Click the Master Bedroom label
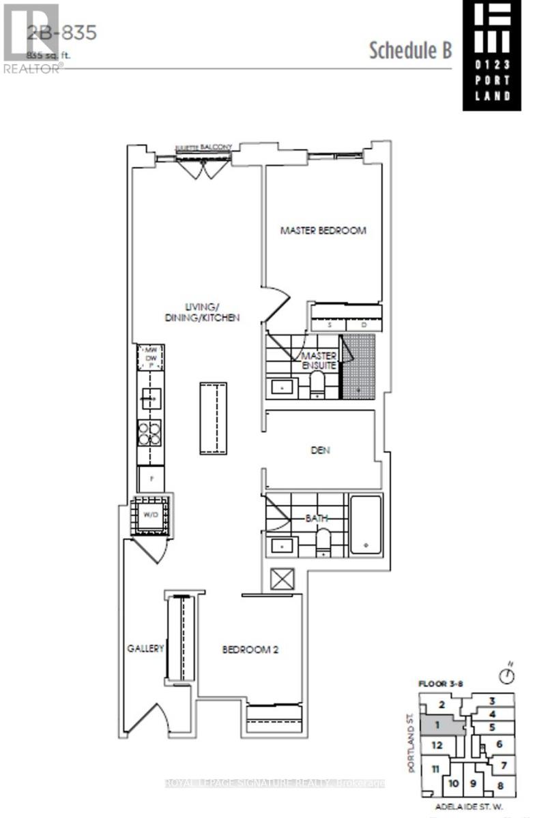click(323, 230)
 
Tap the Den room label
click(320, 450)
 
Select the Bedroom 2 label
click(250, 650)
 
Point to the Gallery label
click(145, 648)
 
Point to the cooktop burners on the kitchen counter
click(149, 431)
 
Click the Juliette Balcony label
click(203, 147)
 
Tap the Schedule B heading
click(410, 50)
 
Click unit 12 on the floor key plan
click(437, 746)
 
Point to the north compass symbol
click(506, 675)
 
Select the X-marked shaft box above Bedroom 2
click(281, 579)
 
